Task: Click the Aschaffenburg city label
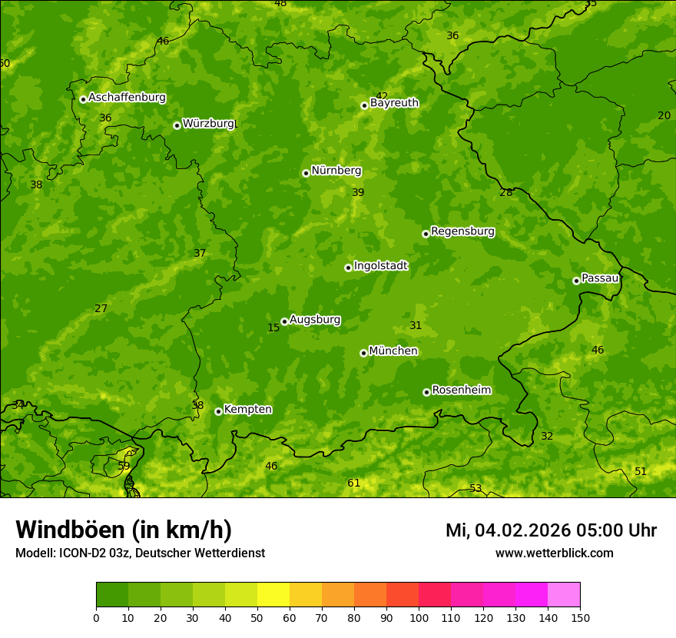point(127,98)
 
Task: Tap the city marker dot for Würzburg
point(177,125)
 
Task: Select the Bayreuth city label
point(394,103)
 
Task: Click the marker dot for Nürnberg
point(306,173)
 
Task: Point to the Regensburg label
point(462,231)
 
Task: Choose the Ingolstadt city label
point(380,266)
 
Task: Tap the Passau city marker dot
point(576,281)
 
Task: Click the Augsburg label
point(315,320)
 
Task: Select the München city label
point(393,351)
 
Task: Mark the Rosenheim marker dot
point(426,392)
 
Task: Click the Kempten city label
point(247,410)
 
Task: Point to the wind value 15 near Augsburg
point(273,328)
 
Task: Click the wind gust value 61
point(354,483)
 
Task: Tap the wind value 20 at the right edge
point(664,115)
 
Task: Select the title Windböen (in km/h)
point(124,530)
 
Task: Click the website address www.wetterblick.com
point(554,553)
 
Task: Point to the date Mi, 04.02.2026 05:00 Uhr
point(551,530)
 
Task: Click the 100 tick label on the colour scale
point(419,617)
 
